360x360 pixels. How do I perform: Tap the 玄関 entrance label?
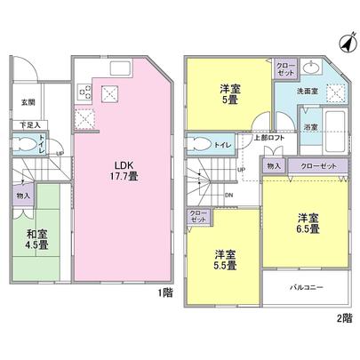coord(28,102)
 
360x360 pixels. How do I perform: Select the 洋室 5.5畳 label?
coord(223,259)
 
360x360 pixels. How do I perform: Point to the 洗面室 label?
coord(308,91)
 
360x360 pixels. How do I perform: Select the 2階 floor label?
coord(344,317)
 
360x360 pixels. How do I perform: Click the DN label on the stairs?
coord(228,196)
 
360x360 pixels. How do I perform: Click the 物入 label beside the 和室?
coord(22,195)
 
